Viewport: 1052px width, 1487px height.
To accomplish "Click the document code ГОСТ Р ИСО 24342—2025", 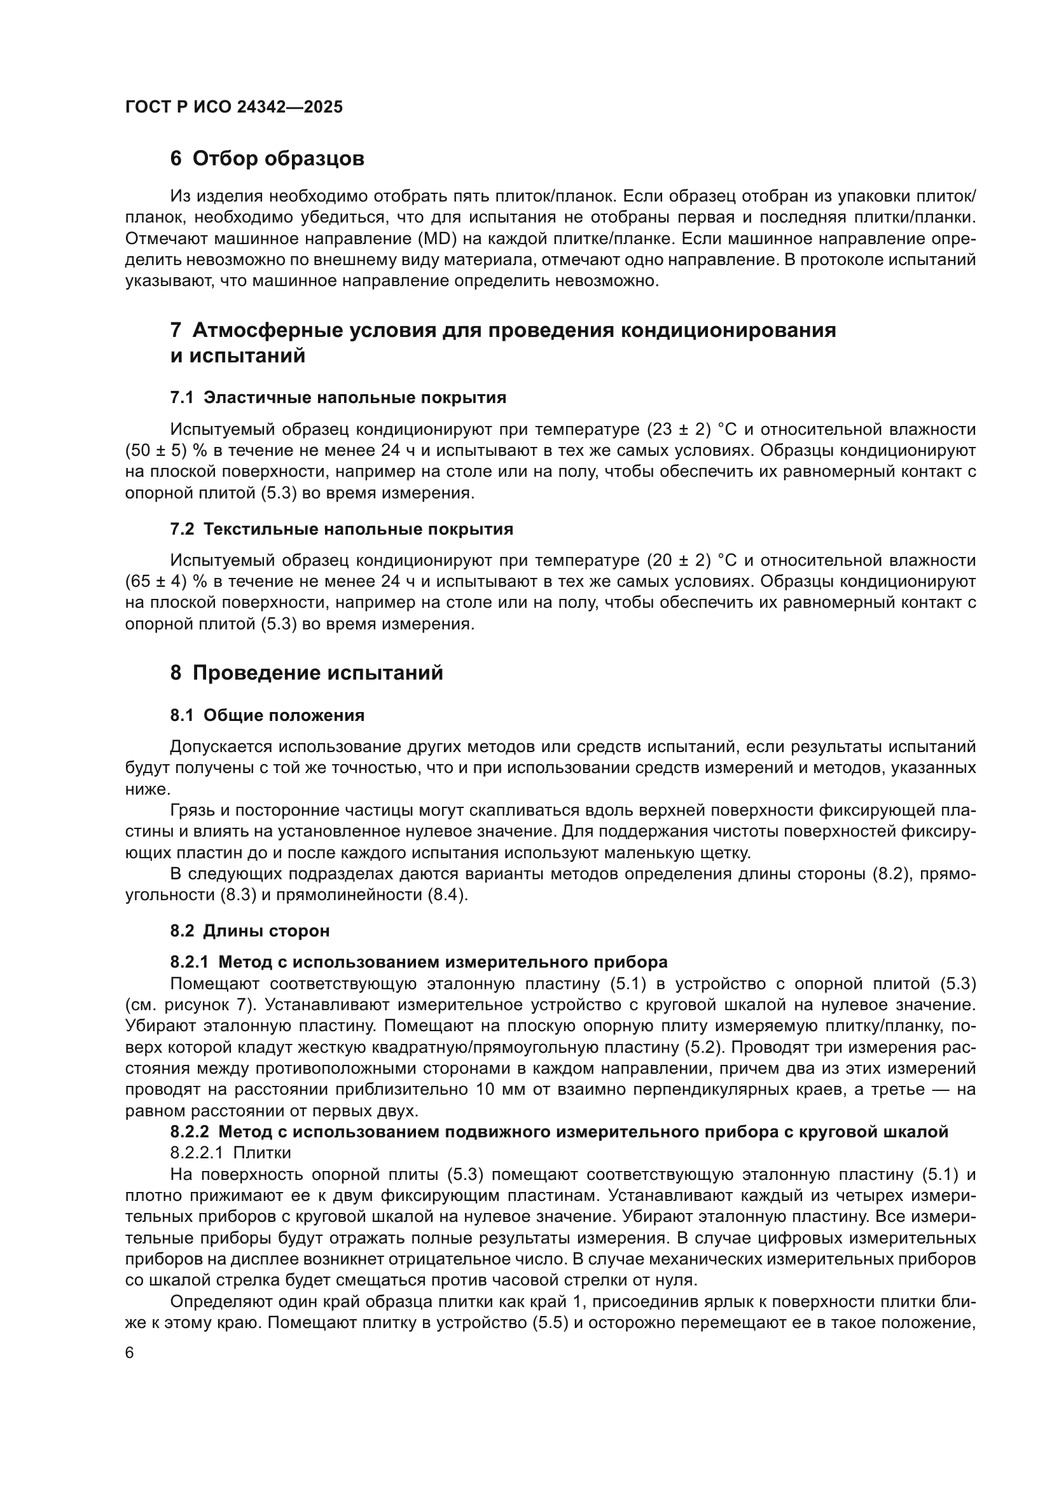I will coord(234,107).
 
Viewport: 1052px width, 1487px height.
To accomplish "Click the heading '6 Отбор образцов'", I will coord(267,159).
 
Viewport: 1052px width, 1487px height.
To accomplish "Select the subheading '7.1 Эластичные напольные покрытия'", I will coord(338,397).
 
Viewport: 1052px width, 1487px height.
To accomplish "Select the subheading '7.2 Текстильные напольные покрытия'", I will coord(342,529).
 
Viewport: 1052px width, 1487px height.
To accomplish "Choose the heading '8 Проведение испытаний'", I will coord(307,673).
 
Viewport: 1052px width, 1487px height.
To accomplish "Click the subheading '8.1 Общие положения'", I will coord(267,716).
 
